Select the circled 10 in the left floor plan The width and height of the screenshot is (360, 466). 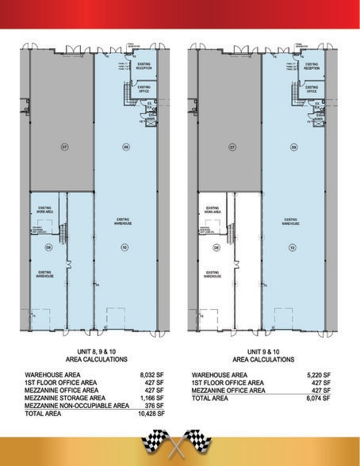124,247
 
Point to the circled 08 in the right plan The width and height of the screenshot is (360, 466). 214,247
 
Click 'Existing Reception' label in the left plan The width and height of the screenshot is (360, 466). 143,67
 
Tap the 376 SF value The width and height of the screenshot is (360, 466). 154,406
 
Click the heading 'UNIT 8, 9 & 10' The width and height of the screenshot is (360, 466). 94,351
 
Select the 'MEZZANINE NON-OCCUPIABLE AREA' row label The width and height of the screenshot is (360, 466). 76,406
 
